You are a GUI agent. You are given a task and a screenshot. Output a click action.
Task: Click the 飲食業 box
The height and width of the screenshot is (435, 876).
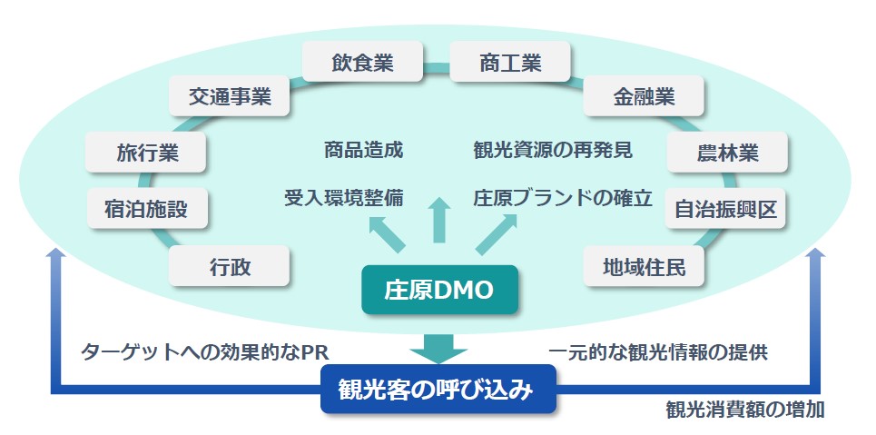click(x=363, y=64)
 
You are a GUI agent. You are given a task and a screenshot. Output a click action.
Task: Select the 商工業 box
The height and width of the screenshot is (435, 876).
click(x=510, y=64)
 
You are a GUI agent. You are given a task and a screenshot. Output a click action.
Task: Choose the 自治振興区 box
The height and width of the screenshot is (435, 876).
click(x=725, y=209)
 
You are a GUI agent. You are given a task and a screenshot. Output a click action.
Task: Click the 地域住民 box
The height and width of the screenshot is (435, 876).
click(x=644, y=267)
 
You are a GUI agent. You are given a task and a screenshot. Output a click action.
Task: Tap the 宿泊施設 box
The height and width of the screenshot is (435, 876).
click(x=147, y=209)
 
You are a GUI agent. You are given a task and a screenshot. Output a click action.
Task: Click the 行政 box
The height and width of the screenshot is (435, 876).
click(x=230, y=267)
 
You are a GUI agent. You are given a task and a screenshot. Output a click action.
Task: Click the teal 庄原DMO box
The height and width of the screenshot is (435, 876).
click(x=438, y=290)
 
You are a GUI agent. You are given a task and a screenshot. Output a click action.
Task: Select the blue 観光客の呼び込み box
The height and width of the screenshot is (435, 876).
click(x=438, y=390)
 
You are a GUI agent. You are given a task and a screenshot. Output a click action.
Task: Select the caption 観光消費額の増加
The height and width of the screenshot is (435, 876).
click(x=744, y=409)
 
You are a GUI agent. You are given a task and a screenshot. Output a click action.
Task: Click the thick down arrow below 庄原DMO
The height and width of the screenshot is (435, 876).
click(x=438, y=344)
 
